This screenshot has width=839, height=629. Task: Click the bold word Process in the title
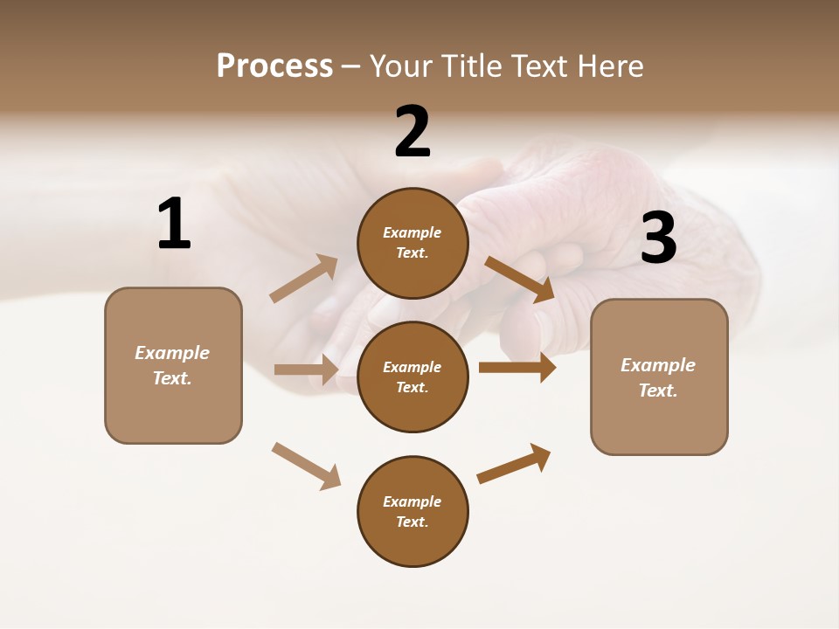pyautogui.click(x=274, y=66)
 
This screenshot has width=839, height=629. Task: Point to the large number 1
pyautogui.click(x=174, y=225)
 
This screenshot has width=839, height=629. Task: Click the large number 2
pyautogui.click(x=413, y=133)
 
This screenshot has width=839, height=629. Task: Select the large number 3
pyautogui.click(x=659, y=238)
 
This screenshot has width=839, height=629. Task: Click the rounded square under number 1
pyautogui.click(x=173, y=365)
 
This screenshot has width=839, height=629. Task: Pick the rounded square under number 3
pyautogui.click(x=659, y=377)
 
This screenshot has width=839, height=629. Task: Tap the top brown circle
pyautogui.click(x=413, y=243)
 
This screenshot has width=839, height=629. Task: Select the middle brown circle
pyautogui.click(x=413, y=377)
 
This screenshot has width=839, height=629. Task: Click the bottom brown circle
pyautogui.click(x=413, y=511)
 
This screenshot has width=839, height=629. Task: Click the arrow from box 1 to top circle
pyautogui.click(x=304, y=279)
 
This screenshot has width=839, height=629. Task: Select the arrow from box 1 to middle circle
pyautogui.click(x=306, y=370)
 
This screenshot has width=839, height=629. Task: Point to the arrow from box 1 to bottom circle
pyautogui.click(x=307, y=466)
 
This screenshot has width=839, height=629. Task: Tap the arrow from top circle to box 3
pyautogui.click(x=519, y=279)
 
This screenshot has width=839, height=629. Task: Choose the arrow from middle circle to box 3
pyautogui.click(x=517, y=368)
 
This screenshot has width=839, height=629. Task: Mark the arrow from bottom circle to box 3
pyautogui.click(x=514, y=463)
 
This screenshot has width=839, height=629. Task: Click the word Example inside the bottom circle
pyautogui.click(x=413, y=501)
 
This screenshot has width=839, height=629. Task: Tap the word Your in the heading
pyautogui.click(x=403, y=66)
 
